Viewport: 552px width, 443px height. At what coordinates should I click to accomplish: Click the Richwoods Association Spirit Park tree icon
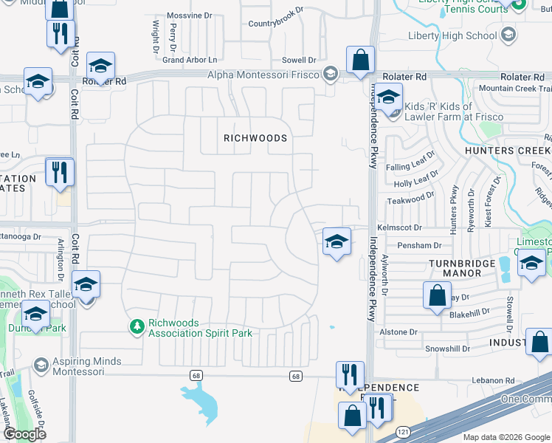(137, 326)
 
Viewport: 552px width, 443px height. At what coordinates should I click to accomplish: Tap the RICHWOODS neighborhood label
(255, 138)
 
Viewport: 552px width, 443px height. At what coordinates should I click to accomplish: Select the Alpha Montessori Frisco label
(263, 75)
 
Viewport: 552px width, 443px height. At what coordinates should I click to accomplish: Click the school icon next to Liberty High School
(508, 35)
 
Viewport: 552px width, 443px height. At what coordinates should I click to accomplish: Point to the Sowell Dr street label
(299, 60)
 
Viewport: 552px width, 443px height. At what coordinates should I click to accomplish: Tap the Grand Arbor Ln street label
(190, 60)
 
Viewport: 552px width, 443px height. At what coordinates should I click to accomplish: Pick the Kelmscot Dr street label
(399, 229)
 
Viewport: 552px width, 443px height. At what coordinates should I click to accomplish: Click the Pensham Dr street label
(419, 245)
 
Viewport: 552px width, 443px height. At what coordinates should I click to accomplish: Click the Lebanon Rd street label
(494, 380)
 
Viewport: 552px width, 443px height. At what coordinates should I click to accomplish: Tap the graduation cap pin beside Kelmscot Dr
(336, 241)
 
